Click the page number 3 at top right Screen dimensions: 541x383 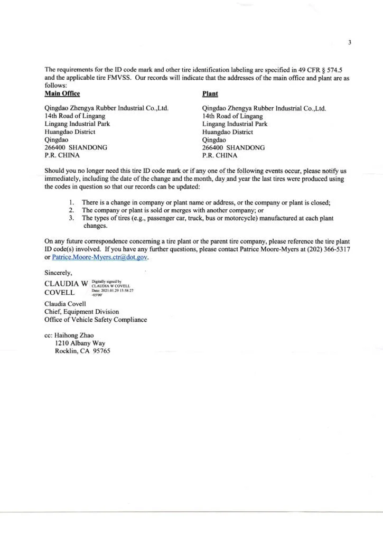point(350,43)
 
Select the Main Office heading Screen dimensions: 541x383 point(62,94)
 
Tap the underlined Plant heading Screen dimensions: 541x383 point(210,94)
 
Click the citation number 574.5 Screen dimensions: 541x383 point(337,70)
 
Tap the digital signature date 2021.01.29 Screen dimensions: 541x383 point(117,291)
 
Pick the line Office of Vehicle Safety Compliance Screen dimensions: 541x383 point(96,320)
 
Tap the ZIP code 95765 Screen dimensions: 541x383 point(100,351)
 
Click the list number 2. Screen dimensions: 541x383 point(71,210)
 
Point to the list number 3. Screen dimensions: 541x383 point(71,218)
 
